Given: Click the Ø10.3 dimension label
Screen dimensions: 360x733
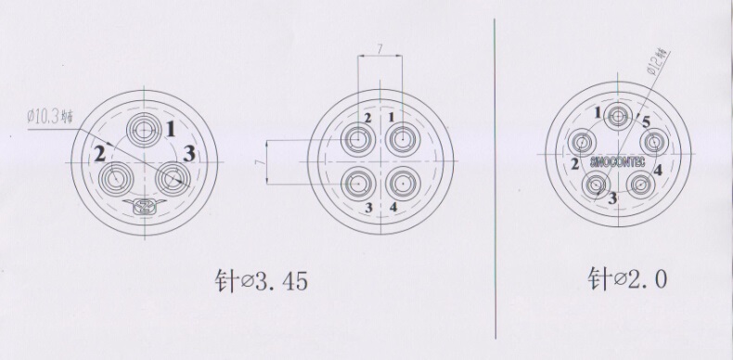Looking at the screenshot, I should pyautogui.click(x=50, y=114).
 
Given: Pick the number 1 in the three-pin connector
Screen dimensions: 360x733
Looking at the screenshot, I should pyautogui.click(x=170, y=128).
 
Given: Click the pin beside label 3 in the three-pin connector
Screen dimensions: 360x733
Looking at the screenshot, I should pyautogui.click(x=173, y=176).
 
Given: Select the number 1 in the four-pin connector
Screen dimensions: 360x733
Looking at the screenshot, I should pyautogui.click(x=392, y=117).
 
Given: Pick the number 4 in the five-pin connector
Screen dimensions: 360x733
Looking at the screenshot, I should pyautogui.click(x=657, y=170).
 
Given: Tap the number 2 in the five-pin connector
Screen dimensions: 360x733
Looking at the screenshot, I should pyautogui.click(x=574, y=164).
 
